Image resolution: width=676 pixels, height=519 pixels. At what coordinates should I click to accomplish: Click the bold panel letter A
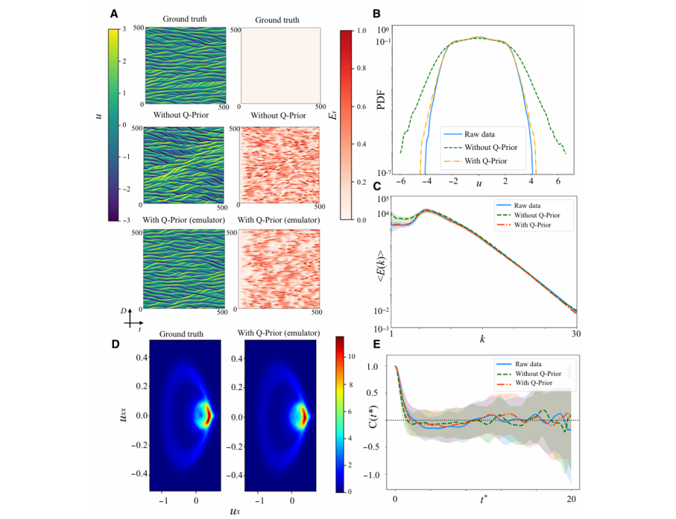tap(114, 14)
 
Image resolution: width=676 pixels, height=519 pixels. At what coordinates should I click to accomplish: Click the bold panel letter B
tap(376, 14)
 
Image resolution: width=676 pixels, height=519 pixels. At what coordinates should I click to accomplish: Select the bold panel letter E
tap(376, 344)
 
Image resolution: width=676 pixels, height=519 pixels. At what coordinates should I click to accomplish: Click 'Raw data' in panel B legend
tap(480, 134)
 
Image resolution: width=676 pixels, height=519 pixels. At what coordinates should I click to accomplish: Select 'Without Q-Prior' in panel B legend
tap(491, 147)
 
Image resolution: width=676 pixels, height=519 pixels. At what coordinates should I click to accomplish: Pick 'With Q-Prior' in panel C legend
tap(532, 225)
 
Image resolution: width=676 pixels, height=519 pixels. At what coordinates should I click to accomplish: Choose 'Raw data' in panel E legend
tap(528, 364)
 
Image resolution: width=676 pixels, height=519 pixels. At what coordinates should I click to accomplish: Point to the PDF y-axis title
tap(381, 99)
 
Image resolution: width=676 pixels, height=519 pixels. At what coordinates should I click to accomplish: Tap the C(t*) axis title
tap(373, 416)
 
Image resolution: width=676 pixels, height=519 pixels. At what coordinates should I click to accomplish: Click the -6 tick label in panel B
tap(401, 181)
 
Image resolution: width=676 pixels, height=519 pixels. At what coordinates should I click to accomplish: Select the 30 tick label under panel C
tap(576, 333)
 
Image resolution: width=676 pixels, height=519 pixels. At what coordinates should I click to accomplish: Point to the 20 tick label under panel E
tap(571, 499)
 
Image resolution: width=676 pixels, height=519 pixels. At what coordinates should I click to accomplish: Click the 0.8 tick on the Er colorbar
tap(361, 68)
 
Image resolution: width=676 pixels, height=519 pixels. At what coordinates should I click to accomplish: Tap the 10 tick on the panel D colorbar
tap(352, 356)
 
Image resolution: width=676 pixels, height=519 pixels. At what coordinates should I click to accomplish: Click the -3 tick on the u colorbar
tap(126, 220)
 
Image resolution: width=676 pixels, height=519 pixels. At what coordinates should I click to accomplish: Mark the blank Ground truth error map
tap(280, 65)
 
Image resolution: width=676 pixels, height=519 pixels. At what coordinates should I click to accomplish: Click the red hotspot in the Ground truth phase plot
tap(208, 415)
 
